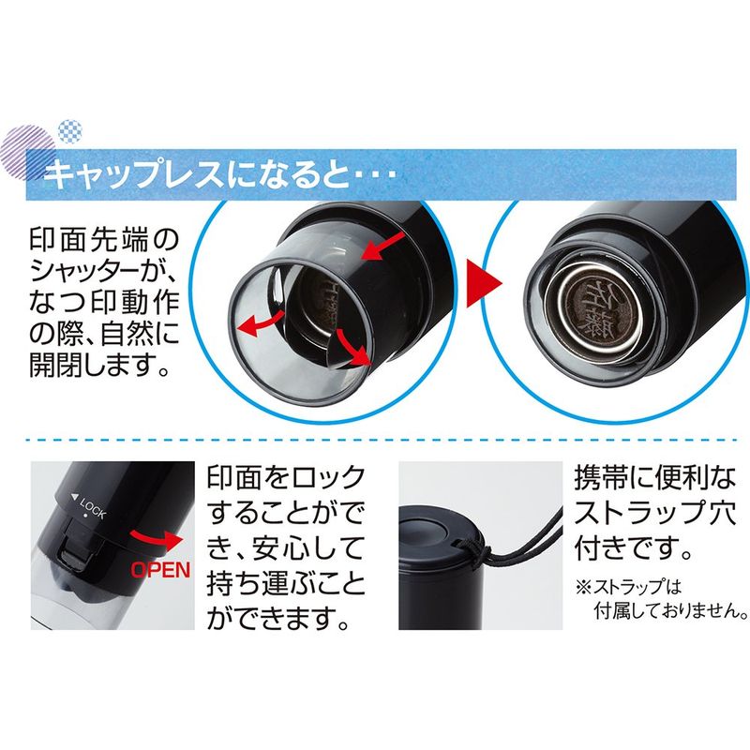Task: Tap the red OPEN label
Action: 160,570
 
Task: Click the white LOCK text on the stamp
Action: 92,507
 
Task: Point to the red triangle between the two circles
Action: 484,283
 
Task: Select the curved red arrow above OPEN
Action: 156,541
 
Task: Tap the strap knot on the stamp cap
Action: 479,555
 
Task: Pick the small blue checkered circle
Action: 70,130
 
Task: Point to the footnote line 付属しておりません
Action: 670,610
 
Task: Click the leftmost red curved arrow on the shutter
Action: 262,322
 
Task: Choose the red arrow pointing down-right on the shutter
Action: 354,346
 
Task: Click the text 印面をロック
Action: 286,477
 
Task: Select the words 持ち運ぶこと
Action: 286,584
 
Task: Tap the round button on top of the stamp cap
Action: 423,530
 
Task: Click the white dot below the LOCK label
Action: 85,516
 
